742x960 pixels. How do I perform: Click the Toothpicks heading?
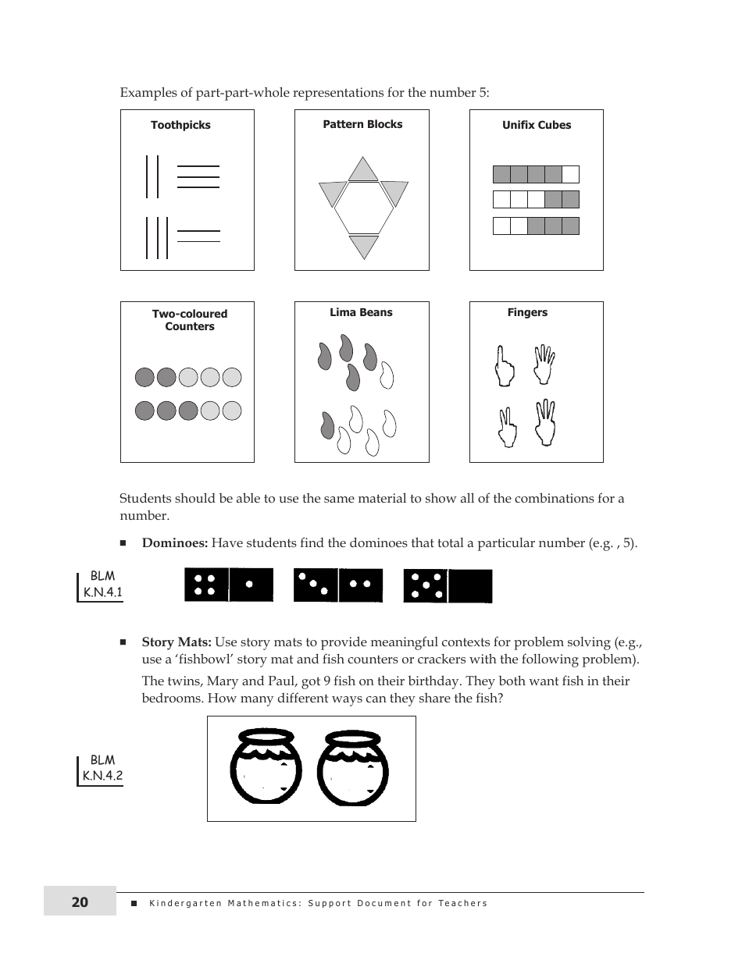pyautogui.click(x=180, y=125)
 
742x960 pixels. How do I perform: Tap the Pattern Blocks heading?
pyautogui.click(x=362, y=124)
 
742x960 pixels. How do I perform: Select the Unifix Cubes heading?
pyautogui.click(x=537, y=125)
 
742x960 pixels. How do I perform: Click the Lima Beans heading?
pyautogui.click(x=361, y=312)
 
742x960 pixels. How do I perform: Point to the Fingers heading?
pyautogui.click(x=527, y=312)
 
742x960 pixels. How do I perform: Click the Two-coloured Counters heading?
pyautogui.click(x=190, y=320)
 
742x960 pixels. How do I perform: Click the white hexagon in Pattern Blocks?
pyautogui.click(x=363, y=208)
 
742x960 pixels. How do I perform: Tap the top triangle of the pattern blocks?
pyautogui.click(x=362, y=170)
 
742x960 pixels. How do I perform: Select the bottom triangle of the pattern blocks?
pyautogui.click(x=363, y=246)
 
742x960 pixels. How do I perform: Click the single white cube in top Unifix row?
pyautogui.click(x=571, y=174)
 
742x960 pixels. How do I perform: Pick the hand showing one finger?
pyautogui.click(x=504, y=366)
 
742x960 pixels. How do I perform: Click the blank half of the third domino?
pyautogui.click(x=471, y=586)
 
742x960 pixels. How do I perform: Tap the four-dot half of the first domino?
pyautogui.click(x=206, y=585)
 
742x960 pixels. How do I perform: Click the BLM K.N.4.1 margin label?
pyautogui.click(x=102, y=585)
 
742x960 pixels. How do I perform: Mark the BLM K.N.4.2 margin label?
pyautogui.click(x=102, y=768)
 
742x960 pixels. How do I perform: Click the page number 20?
pyautogui.click(x=80, y=902)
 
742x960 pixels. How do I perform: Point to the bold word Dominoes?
pyautogui.click(x=174, y=543)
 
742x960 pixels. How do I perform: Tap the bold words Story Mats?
pyautogui.click(x=177, y=642)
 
